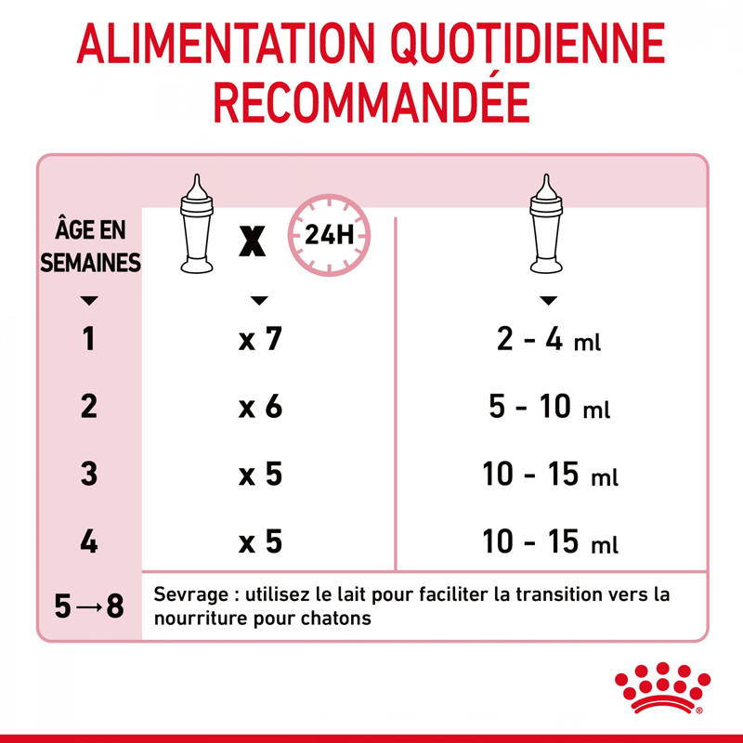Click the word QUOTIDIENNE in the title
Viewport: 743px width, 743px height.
[x=528, y=44]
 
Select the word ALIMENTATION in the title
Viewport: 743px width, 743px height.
[x=226, y=43]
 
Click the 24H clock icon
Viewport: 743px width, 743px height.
[x=329, y=235]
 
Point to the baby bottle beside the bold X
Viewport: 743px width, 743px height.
[x=197, y=224]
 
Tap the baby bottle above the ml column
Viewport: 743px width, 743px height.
[x=546, y=224]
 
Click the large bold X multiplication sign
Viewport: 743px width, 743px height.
[x=252, y=241]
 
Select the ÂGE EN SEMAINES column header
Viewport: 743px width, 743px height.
[x=90, y=246]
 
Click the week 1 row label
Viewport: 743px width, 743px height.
[x=89, y=339]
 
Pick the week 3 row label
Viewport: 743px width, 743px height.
[x=89, y=474]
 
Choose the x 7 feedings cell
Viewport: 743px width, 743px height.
[x=260, y=339]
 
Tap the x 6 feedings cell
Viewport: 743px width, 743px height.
[x=260, y=406]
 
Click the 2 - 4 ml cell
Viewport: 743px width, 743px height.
[x=549, y=339]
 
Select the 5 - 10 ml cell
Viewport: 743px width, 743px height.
[x=549, y=407]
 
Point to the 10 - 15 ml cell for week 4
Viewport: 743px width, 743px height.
[x=550, y=541]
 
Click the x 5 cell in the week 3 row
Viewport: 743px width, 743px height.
[x=260, y=474]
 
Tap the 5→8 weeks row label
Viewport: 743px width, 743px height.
[x=89, y=606]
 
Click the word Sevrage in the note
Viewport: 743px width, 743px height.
[x=191, y=594]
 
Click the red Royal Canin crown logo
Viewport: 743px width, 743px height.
[x=662, y=687]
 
